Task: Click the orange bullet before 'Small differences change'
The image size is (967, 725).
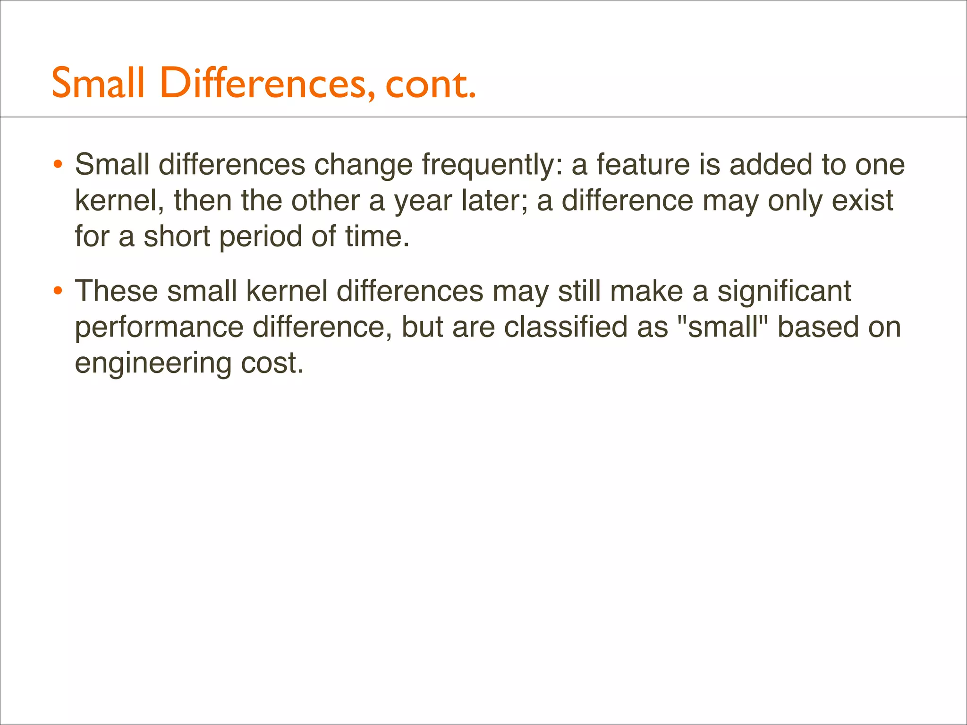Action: point(58,165)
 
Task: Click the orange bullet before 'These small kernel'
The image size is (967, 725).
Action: point(58,291)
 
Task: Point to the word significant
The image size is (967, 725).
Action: point(784,292)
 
